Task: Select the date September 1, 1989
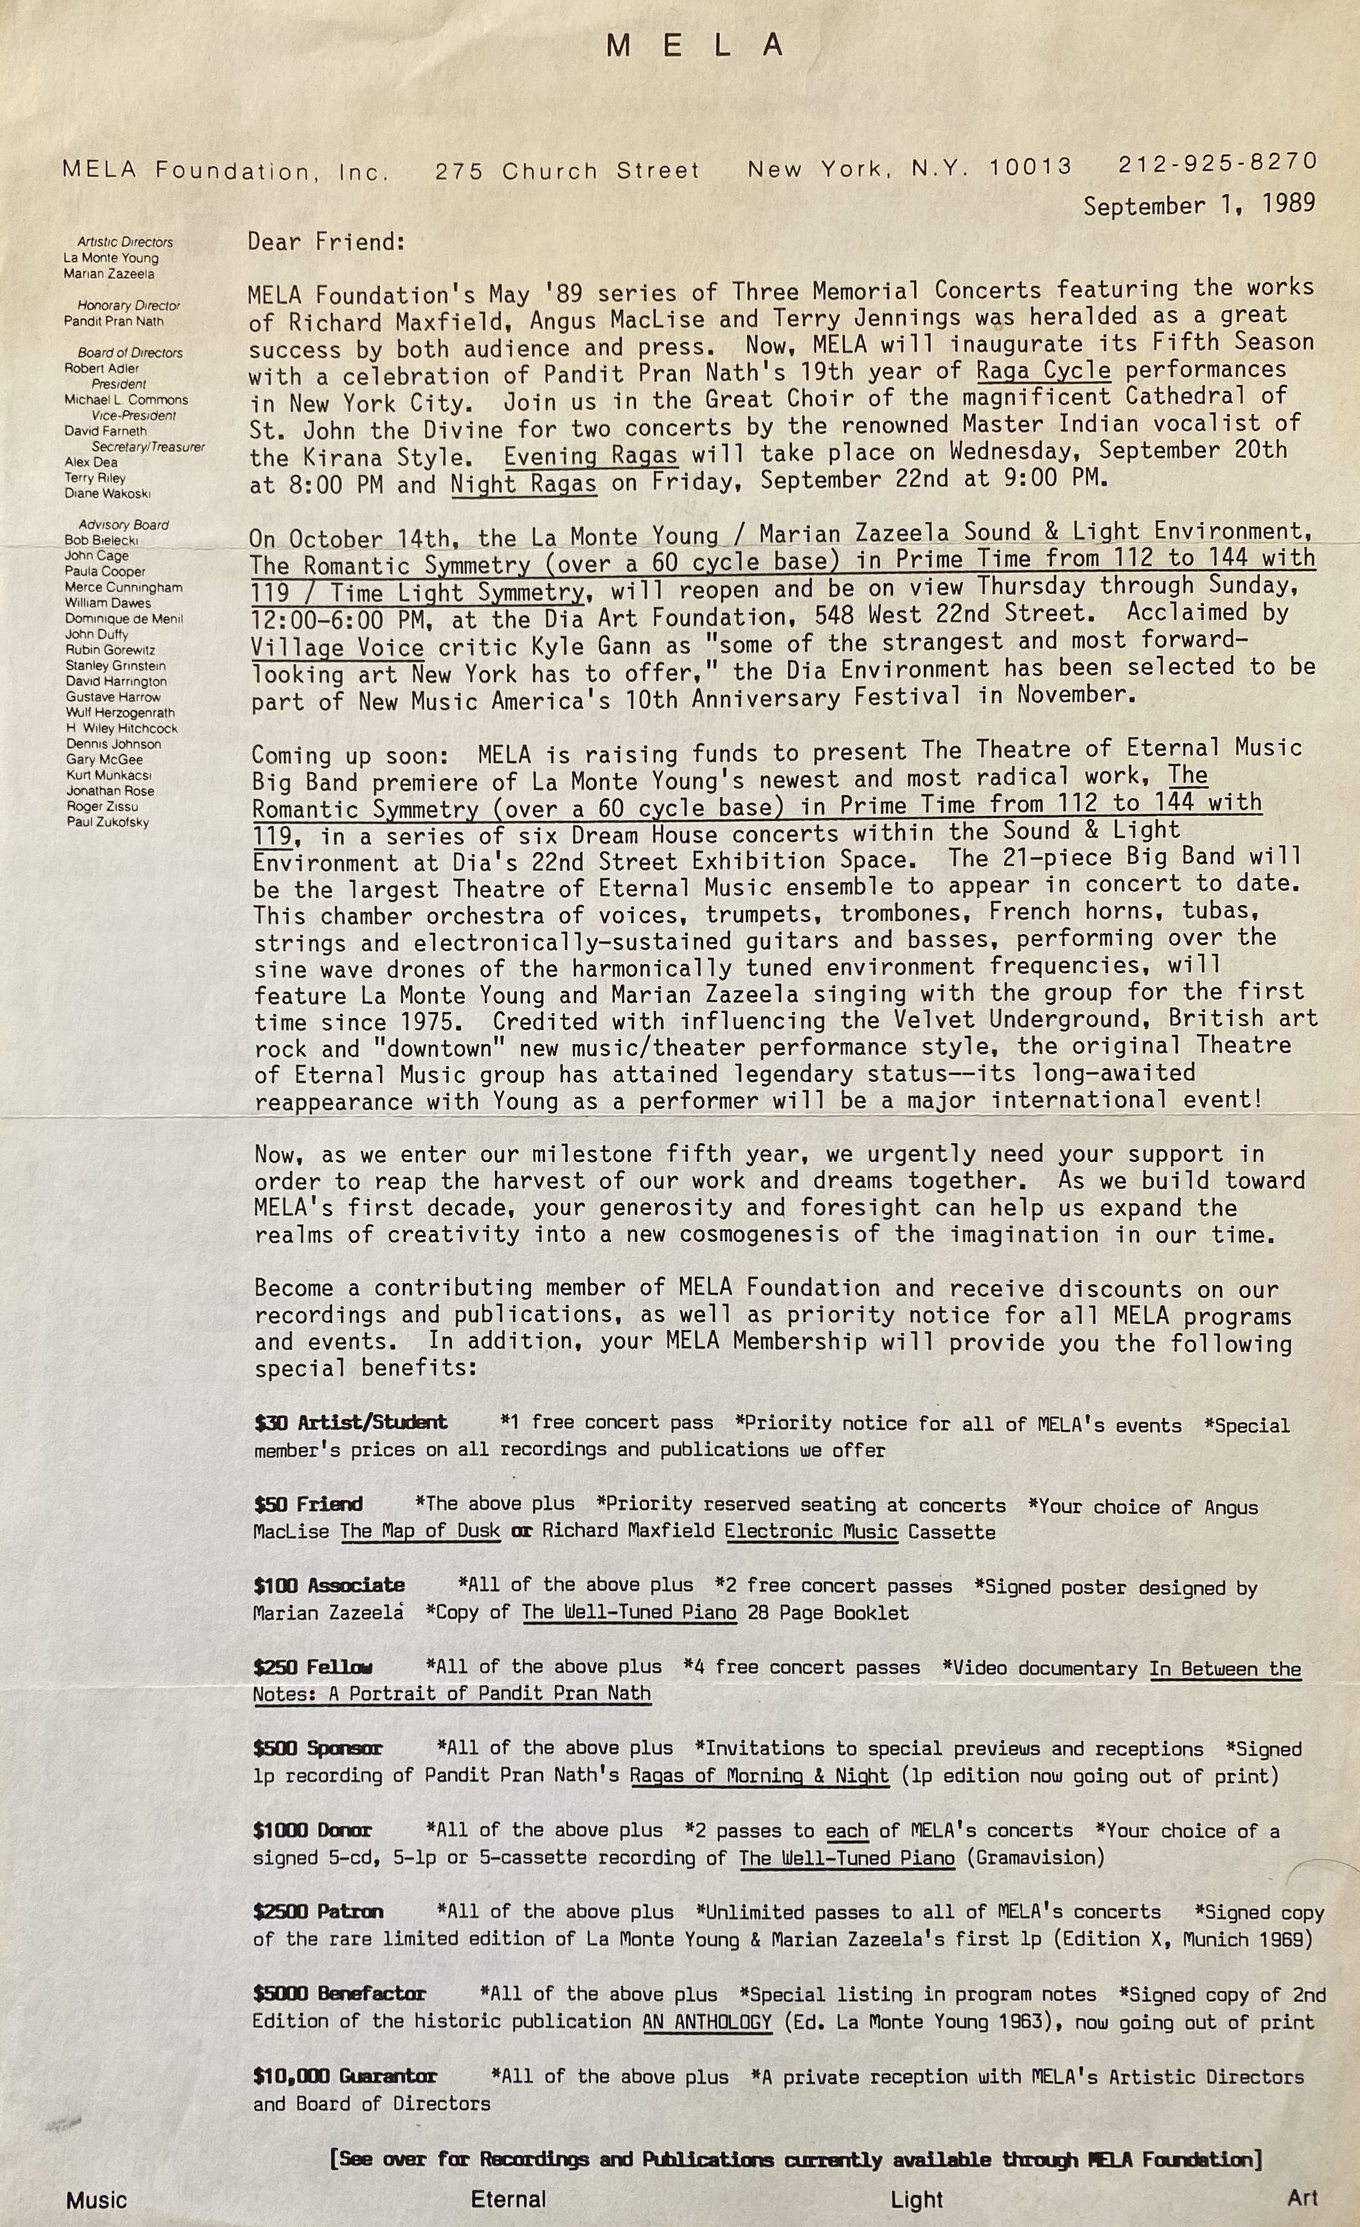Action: click(1199, 204)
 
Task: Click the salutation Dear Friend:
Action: click(326, 242)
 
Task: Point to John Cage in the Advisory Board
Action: click(96, 556)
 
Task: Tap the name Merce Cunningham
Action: click(123, 587)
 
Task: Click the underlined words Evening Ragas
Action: click(590, 455)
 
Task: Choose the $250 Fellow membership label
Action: click(313, 1666)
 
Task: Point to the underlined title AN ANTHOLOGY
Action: click(707, 2021)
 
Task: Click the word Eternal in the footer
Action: click(508, 2199)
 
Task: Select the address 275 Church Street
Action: click(567, 170)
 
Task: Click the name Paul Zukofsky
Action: click(108, 822)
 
